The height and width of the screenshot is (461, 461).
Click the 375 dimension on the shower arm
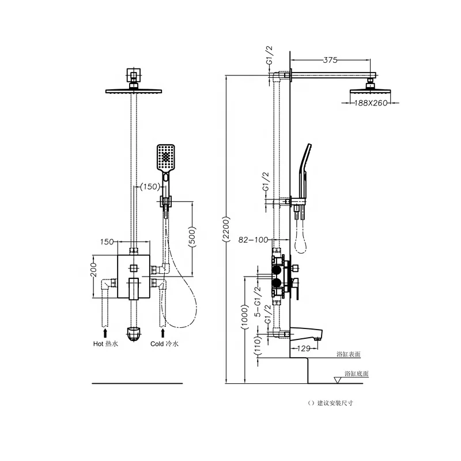coord(330,60)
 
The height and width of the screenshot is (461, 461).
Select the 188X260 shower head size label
coord(371,103)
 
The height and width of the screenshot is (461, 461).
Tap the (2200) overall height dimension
coord(226,229)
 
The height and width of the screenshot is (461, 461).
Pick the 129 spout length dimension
coord(304,349)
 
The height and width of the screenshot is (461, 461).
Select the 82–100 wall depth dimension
coord(253,240)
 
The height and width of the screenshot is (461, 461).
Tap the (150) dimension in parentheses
coord(150,186)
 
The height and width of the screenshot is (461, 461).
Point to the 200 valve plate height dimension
coord(93,270)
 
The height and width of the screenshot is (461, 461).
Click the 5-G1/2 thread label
coord(258,301)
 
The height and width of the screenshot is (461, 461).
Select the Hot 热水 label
coord(105,343)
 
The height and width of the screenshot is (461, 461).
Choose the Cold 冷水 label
coord(164,343)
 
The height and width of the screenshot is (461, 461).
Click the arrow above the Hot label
coord(105,333)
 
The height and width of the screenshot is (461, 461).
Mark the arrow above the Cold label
coord(163,333)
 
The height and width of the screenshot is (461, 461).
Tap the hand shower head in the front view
coord(166,157)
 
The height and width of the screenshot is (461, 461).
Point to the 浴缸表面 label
coord(349,354)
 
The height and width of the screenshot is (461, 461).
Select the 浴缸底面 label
coord(357,373)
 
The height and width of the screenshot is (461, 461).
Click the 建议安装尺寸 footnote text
coord(330,403)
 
